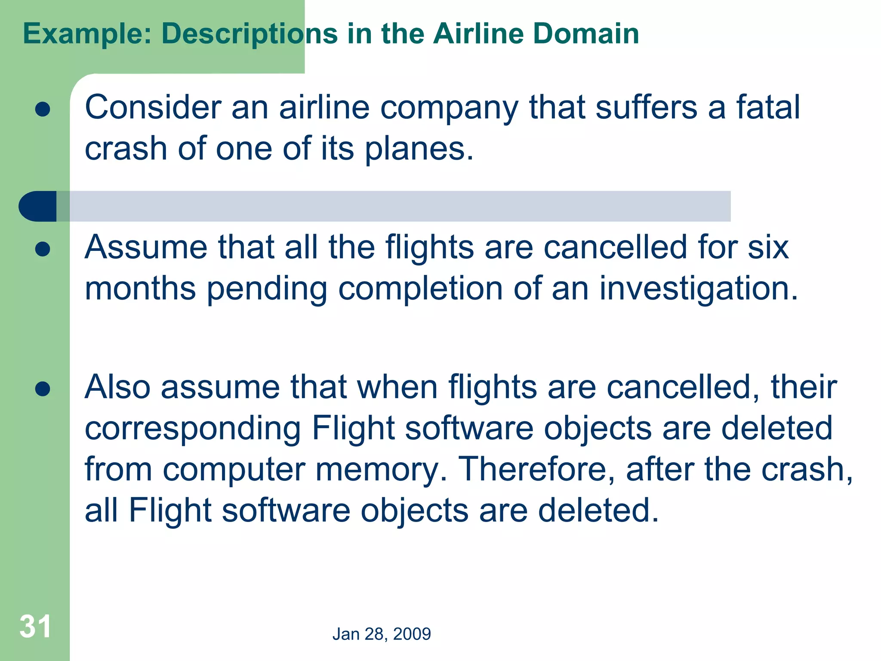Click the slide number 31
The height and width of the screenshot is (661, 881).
35,627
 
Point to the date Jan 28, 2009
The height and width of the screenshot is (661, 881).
382,634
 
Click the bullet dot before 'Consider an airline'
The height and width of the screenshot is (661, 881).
43,109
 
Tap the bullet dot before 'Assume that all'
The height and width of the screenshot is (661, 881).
43,249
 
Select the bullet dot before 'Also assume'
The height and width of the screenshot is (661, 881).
43,389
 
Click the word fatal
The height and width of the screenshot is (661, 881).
768,107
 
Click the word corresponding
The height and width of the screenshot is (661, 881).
193,429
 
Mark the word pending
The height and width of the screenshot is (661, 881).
267,290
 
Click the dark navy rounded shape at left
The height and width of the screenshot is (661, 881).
38,206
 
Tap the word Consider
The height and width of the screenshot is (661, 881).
153,107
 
